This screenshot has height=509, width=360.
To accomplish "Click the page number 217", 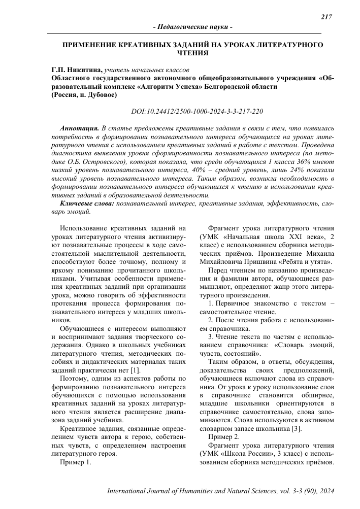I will tap(326, 17).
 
